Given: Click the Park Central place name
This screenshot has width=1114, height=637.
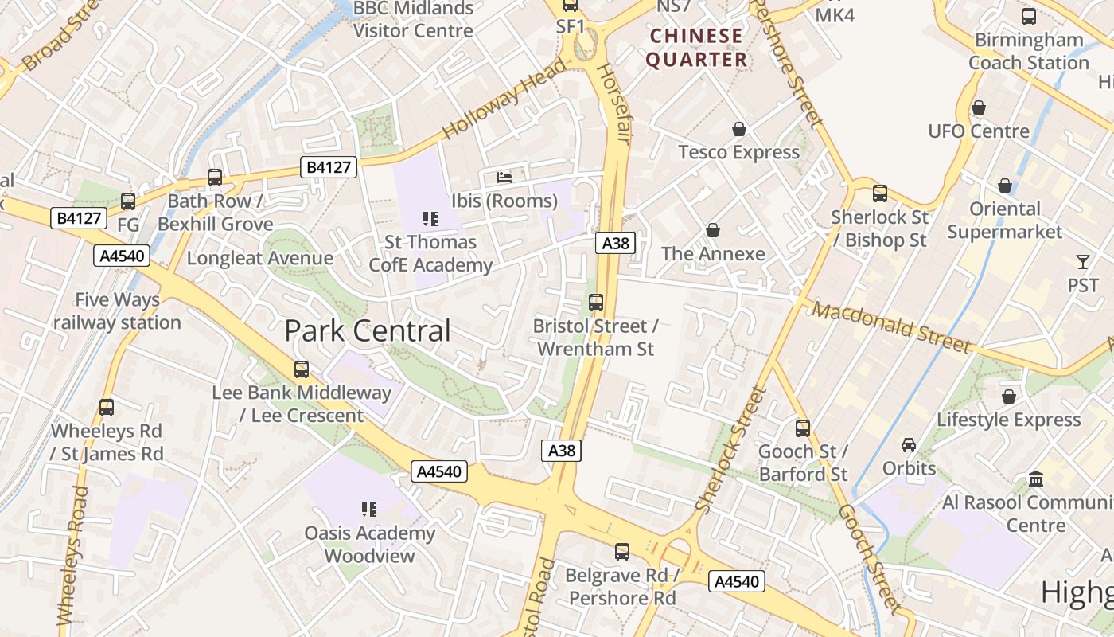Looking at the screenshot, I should point(368,330).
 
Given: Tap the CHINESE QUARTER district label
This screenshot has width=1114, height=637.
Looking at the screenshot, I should point(696,48).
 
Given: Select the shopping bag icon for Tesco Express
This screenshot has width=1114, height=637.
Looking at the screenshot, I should point(739,129).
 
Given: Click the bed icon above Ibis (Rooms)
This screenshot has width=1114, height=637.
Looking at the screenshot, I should point(504,177).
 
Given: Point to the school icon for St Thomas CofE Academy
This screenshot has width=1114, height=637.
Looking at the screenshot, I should point(430,218).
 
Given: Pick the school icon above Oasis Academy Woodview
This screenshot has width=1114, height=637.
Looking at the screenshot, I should point(369,509).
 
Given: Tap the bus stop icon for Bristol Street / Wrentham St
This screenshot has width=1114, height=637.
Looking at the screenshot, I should point(596,303).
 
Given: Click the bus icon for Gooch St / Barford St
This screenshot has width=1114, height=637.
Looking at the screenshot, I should point(803,428).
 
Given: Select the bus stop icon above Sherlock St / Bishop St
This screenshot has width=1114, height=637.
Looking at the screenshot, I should point(880,193).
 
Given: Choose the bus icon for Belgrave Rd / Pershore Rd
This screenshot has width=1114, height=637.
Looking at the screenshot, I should point(622,551).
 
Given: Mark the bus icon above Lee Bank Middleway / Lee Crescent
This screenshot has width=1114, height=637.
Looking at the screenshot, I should point(302,369).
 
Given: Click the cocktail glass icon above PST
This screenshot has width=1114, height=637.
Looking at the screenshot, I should point(1083,261).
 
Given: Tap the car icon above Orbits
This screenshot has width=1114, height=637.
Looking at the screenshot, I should point(909,444).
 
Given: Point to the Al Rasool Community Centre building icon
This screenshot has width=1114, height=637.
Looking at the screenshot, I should point(1036,479).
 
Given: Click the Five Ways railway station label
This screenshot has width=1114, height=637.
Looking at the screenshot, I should point(117,311).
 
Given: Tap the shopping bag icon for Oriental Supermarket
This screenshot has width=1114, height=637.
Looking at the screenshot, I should point(1005,186).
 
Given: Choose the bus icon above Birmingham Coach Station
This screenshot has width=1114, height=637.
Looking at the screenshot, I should point(1029,16).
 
